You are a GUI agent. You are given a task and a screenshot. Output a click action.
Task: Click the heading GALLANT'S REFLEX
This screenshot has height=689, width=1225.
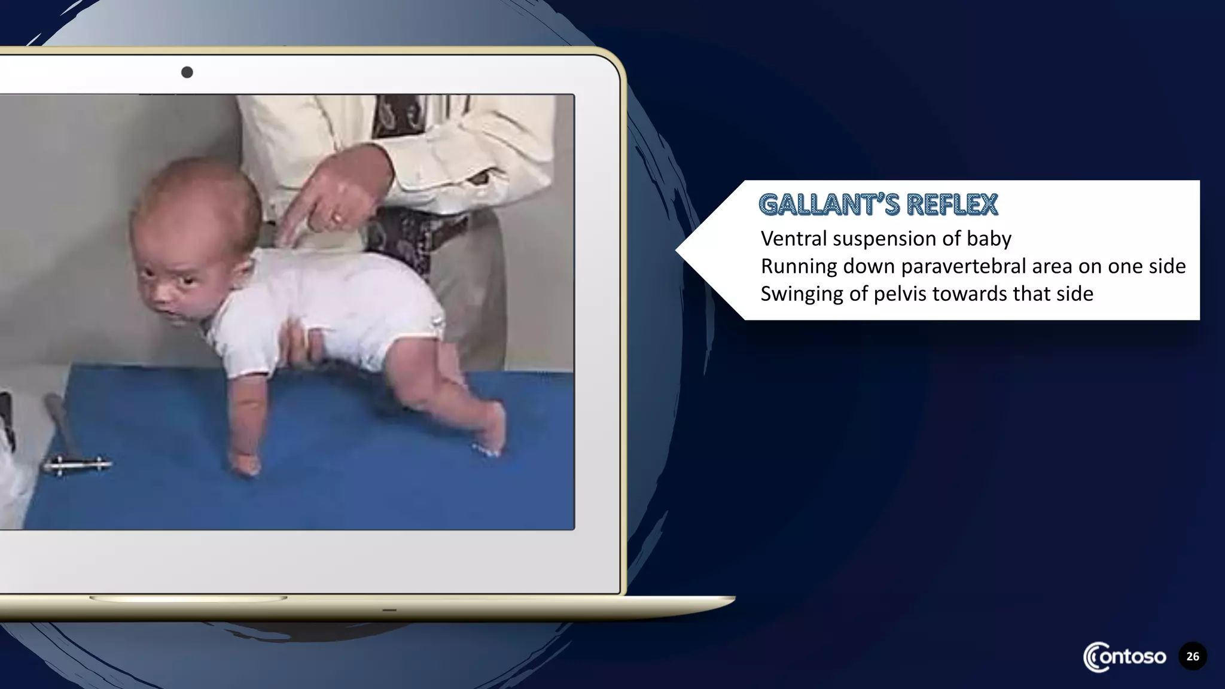(x=878, y=205)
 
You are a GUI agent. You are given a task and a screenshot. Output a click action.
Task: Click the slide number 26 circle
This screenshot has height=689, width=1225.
(x=1192, y=656)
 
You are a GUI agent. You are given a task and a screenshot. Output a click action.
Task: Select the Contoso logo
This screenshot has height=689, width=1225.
(x=1125, y=657)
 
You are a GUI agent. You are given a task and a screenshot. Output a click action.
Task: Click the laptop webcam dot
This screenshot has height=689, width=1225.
(x=187, y=72)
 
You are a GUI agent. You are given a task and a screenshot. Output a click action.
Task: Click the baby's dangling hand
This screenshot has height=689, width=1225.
(x=245, y=463)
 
